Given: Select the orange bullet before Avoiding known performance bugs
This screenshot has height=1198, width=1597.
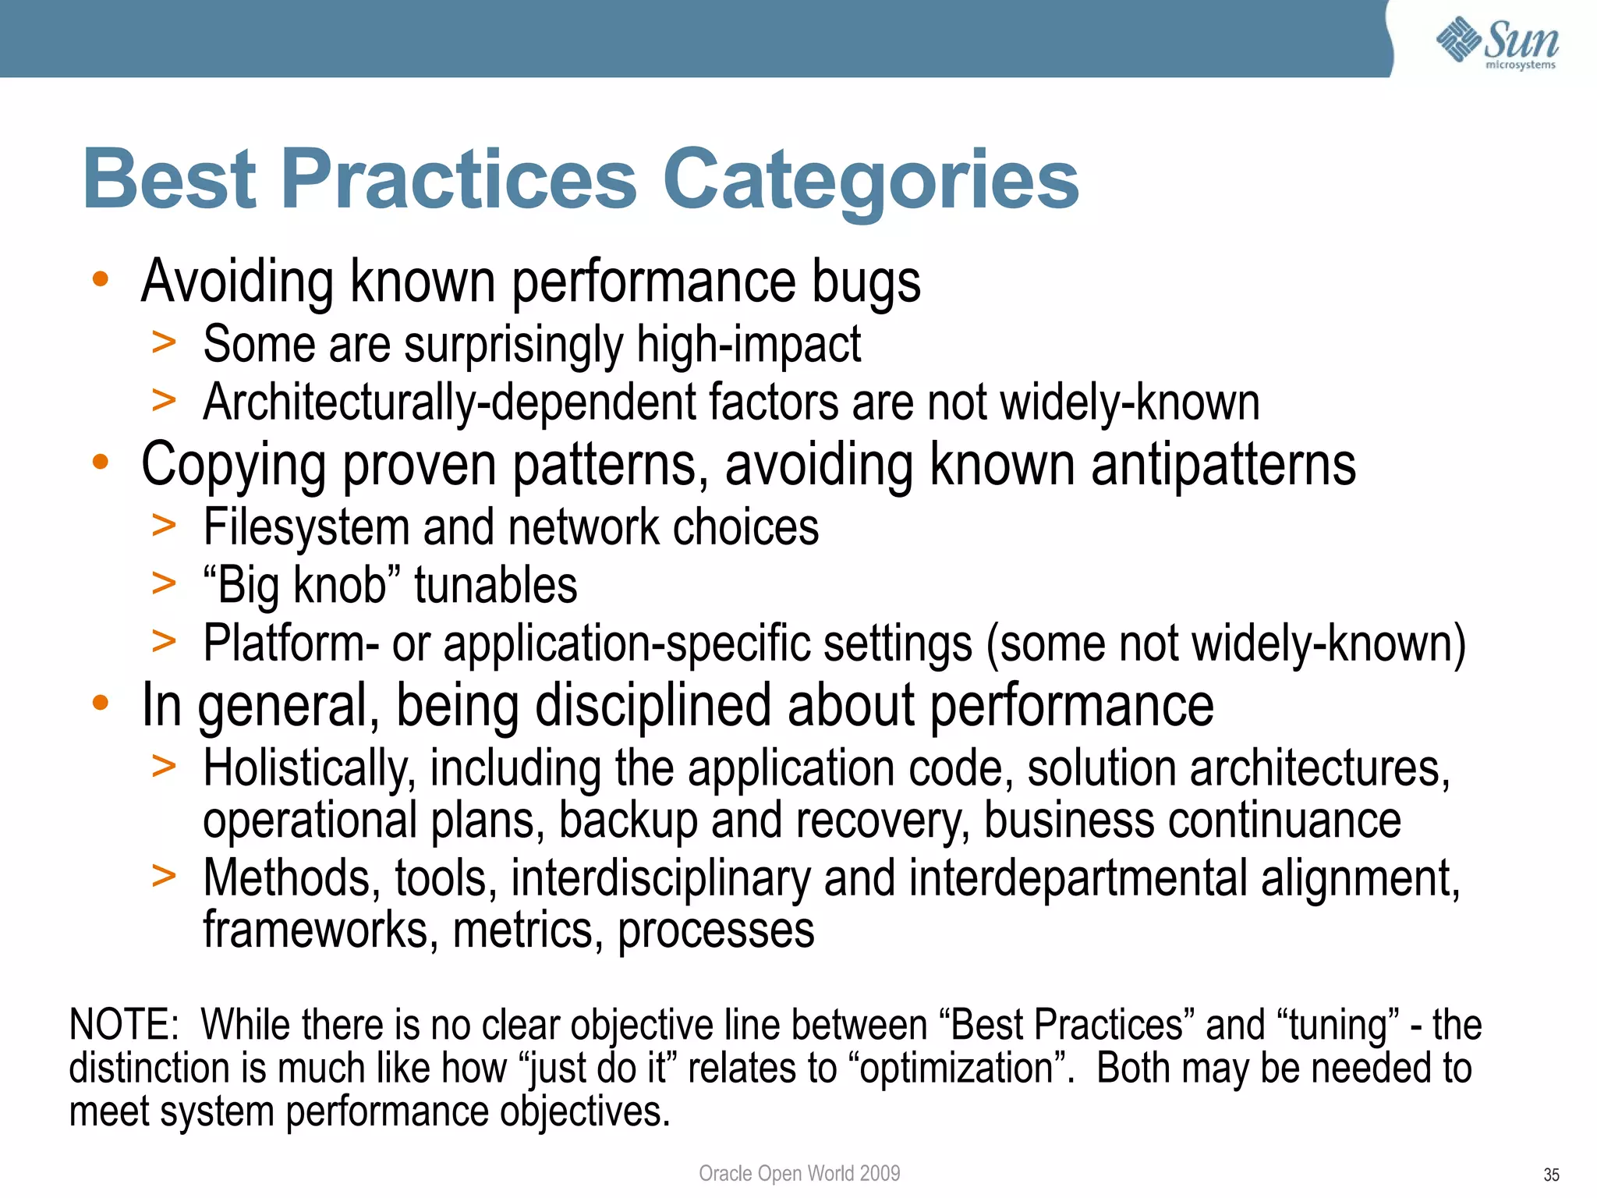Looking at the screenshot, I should click(x=100, y=279).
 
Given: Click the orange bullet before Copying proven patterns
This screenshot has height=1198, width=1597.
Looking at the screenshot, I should click(x=100, y=463).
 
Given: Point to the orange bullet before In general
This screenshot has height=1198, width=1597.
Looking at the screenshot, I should click(x=100, y=703).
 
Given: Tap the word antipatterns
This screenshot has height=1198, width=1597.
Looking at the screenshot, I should click(x=1223, y=466).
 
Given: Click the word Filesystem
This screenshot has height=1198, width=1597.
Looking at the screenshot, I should click(x=306, y=527).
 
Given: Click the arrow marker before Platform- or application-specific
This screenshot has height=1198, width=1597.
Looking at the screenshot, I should click(x=164, y=642).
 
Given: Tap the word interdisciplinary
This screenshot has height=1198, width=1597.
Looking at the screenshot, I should click(x=660, y=879).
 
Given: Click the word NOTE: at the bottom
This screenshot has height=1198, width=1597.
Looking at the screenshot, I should click(x=125, y=1025).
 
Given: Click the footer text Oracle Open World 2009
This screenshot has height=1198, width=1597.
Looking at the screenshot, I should click(x=798, y=1173).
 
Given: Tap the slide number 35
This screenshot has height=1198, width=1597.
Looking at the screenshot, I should click(x=1550, y=1175).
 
